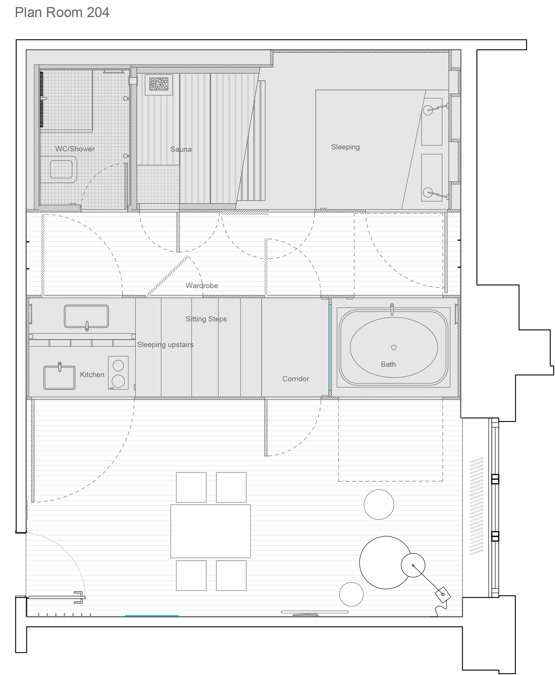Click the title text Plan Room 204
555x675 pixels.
[62, 12]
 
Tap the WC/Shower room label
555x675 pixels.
[75, 149]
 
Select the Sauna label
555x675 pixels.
[181, 149]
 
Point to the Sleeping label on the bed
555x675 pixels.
[345, 147]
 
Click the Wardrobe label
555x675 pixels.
[202, 285]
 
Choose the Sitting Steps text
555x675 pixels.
[206, 319]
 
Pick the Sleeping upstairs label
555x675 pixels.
[165, 345]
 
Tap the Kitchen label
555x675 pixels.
[92, 375]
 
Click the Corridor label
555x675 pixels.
[295, 379]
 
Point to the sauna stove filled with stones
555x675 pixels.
[158, 85]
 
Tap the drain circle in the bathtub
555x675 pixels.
[394, 348]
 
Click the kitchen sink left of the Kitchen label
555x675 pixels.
[60, 377]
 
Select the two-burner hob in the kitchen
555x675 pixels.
[118, 373]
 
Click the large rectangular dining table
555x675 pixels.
[210, 531]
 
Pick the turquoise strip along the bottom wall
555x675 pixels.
[151, 615]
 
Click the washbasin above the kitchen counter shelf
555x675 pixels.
[86, 316]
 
